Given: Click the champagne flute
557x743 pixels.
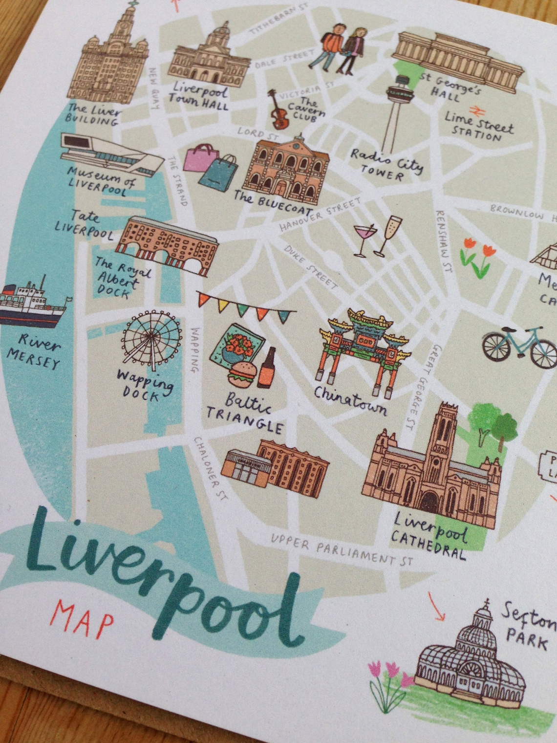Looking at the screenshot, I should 386,235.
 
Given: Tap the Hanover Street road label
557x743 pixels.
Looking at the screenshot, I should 320,215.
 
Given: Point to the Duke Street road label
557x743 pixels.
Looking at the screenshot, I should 310,266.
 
